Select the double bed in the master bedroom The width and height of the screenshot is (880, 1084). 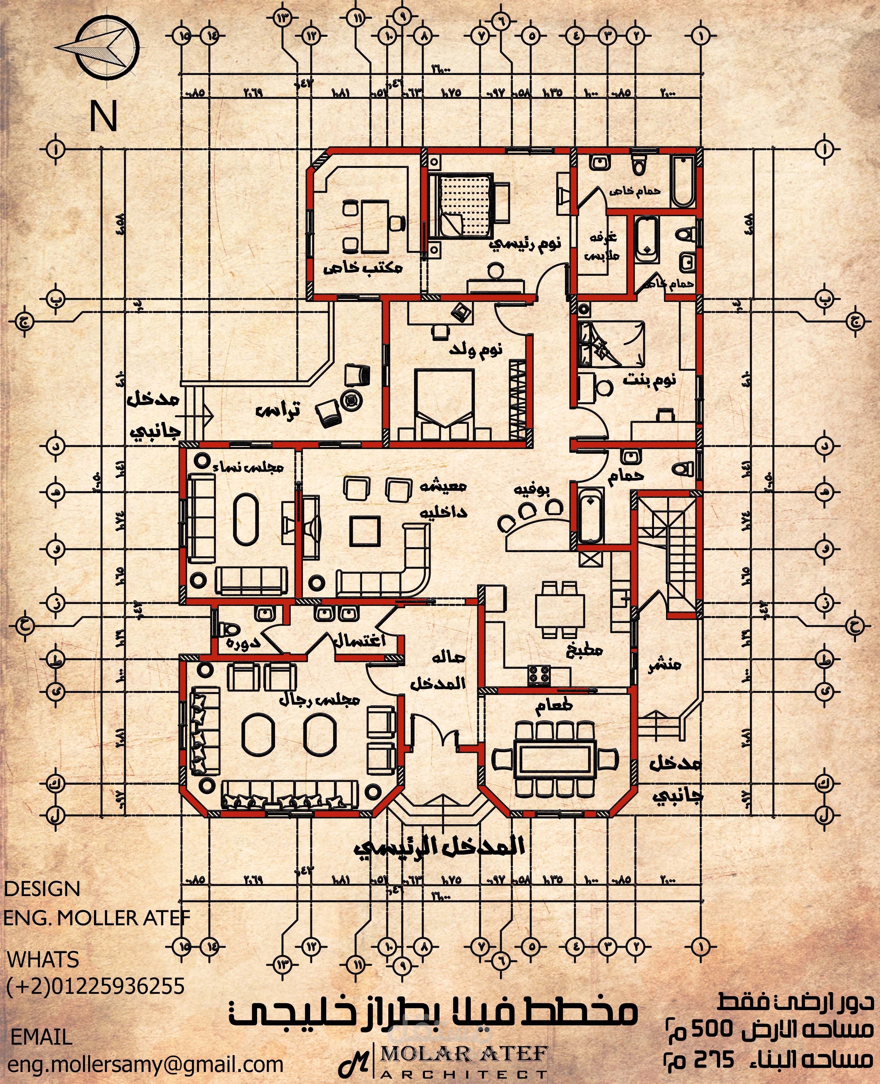point(461,205)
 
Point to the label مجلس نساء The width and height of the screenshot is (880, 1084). point(249,467)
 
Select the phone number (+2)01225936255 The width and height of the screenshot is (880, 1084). point(95,986)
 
